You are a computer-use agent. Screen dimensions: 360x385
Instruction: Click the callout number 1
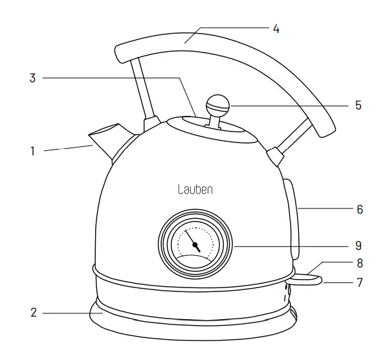32,152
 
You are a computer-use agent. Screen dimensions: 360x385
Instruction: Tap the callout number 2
32,313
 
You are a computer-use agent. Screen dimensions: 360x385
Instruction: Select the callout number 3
32,78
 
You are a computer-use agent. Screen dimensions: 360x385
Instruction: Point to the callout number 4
276,29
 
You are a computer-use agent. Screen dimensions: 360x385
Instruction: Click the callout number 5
358,105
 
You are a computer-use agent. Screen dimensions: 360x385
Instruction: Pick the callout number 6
359,209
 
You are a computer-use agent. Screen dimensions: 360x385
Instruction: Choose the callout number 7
359,283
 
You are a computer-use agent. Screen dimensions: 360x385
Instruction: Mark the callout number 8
359,264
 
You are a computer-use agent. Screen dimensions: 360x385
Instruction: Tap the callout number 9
358,246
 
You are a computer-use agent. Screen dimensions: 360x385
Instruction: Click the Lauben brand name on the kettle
195,189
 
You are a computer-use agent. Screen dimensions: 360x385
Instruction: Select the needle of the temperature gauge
192,240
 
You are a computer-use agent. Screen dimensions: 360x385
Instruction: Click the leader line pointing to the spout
68,149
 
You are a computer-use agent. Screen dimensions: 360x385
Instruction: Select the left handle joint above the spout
151,122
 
